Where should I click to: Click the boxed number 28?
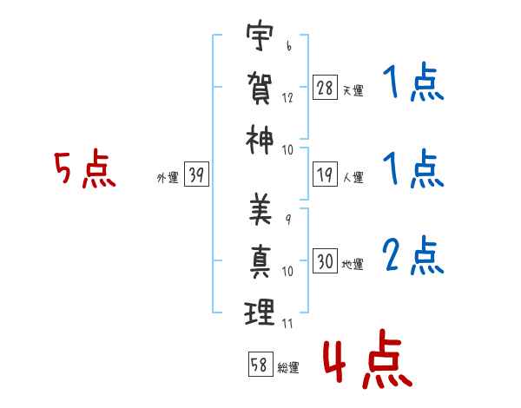[x=325, y=88]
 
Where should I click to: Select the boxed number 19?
[x=325, y=175]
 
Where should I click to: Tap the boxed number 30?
[x=325, y=261]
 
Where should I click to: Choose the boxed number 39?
[x=196, y=175]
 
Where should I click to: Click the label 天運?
[x=353, y=90]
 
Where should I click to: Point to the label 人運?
[x=353, y=178]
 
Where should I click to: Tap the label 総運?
[x=287, y=367]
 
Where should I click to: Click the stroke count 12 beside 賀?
[x=287, y=98]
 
